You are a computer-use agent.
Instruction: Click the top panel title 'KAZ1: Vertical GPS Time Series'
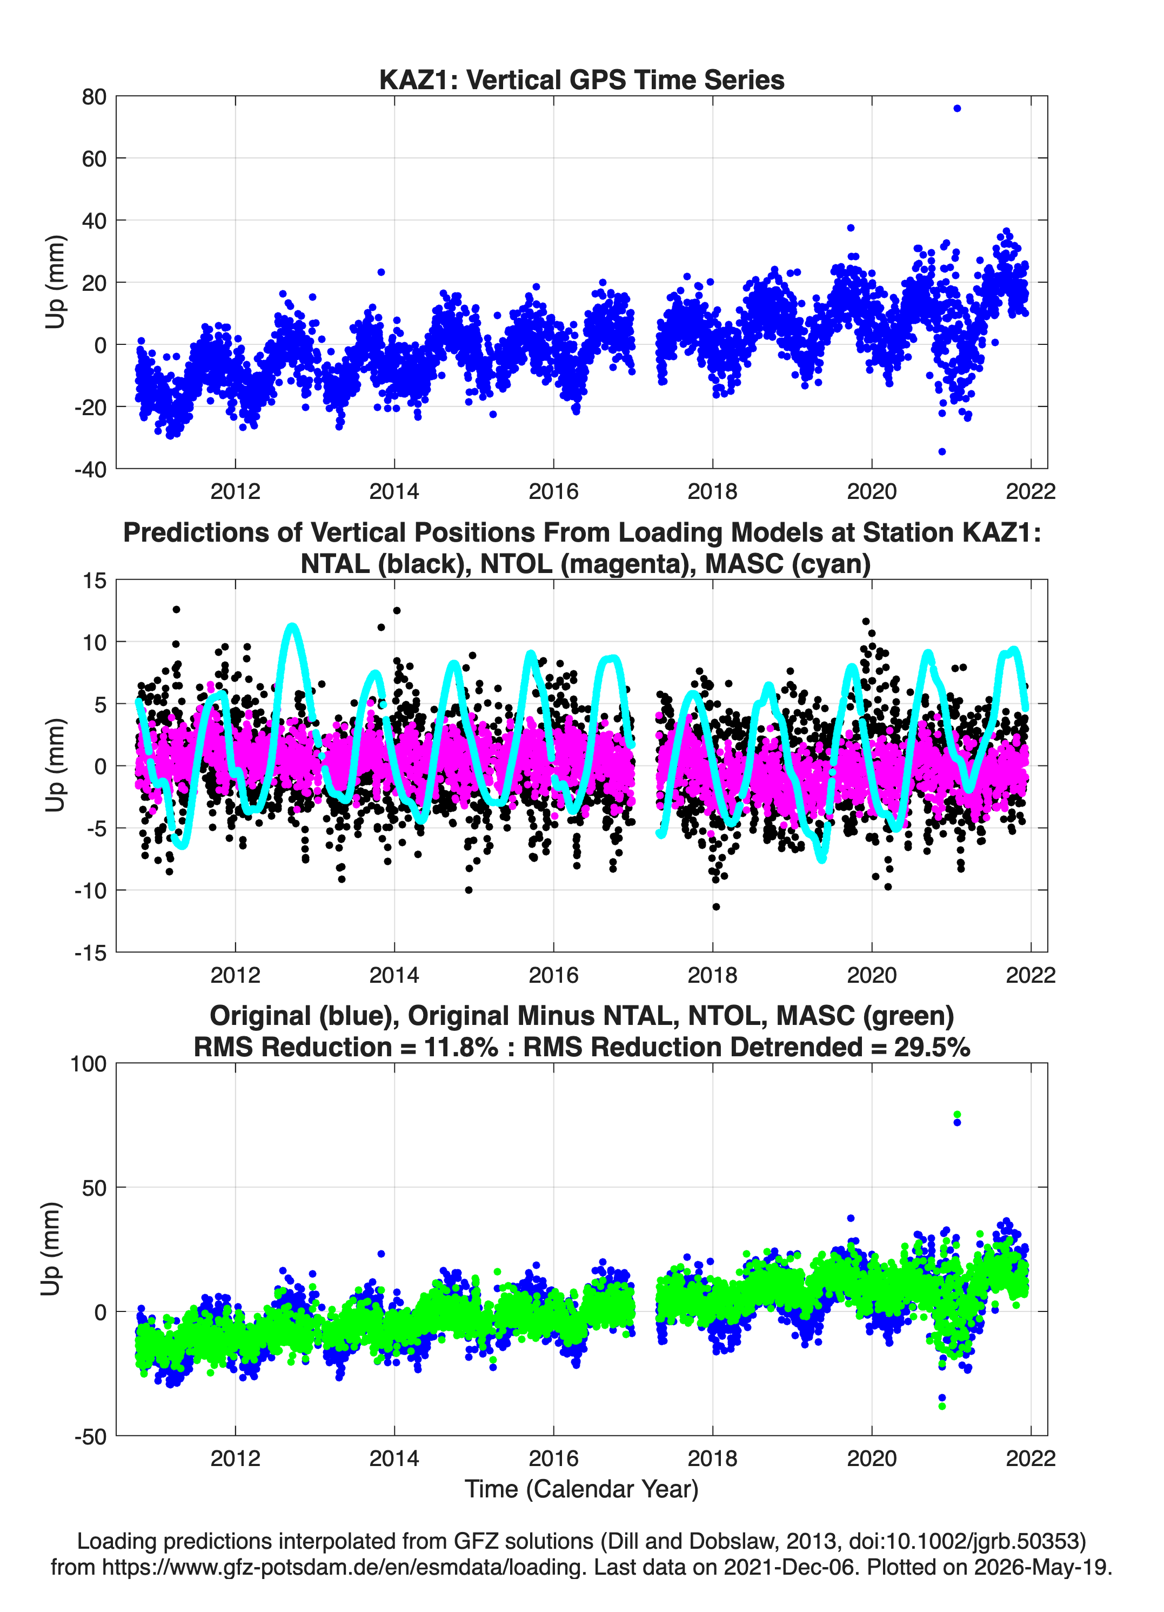[x=581, y=79]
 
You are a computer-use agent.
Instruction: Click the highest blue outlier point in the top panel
[x=956, y=109]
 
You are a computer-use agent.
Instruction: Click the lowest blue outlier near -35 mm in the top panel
[x=941, y=451]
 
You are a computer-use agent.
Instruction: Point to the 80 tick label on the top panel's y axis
[x=94, y=97]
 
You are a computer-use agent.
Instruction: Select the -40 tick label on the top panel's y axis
[x=90, y=469]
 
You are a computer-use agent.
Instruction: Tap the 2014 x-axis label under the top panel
[x=394, y=491]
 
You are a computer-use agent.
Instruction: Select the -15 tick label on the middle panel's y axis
[x=90, y=952]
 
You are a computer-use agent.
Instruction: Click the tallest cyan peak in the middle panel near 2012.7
[x=292, y=626]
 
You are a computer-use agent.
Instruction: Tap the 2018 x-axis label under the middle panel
[x=712, y=975]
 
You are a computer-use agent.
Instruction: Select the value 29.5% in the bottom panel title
[x=932, y=1047]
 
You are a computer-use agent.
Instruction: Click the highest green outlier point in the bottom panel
[x=956, y=1115]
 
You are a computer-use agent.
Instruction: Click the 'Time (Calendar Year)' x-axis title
[x=581, y=1489]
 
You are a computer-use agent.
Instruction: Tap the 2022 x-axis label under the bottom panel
[x=1031, y=1458]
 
